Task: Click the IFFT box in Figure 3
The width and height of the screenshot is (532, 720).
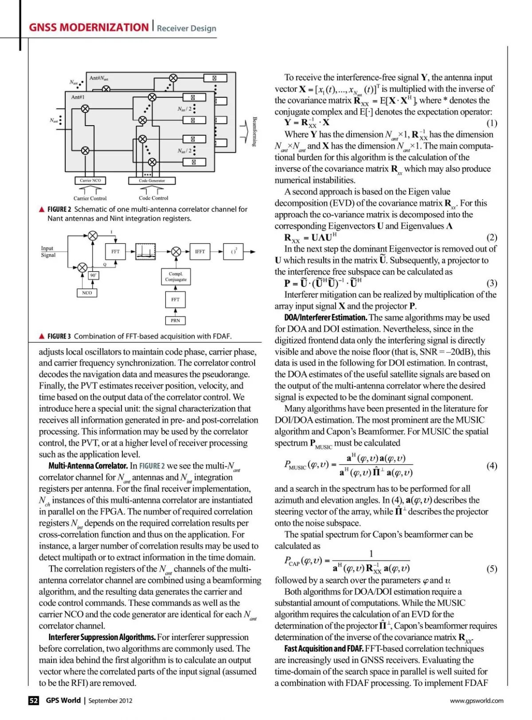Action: (199, 251)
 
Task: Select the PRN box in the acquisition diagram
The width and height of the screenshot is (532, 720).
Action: (175, 320)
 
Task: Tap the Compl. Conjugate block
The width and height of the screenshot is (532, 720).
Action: (176, 277)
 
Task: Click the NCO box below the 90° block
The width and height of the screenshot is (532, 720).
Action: (87, 293)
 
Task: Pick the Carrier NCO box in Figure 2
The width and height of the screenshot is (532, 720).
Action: (90, 181)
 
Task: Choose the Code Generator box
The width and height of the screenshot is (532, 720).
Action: (152, 181)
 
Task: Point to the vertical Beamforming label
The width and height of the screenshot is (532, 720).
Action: (254, 131)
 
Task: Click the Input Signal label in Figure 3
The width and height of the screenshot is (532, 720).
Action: (48, 252)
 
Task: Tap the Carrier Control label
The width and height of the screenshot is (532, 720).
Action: (90, 198)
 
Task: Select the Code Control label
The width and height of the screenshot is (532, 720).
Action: (153, 198)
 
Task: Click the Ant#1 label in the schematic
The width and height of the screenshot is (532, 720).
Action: (78, 97)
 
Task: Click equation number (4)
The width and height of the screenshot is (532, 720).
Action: (492, 466)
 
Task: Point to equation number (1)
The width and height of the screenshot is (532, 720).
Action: (492, 123)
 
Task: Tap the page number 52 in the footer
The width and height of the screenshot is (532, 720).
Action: (34, 700)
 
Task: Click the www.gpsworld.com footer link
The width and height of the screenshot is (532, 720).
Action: (477, 701)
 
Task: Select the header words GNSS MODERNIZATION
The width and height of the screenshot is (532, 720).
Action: (89, 28)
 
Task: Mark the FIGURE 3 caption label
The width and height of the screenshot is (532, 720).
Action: (59, 336)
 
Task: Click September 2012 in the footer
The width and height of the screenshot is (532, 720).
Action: (110, 701)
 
